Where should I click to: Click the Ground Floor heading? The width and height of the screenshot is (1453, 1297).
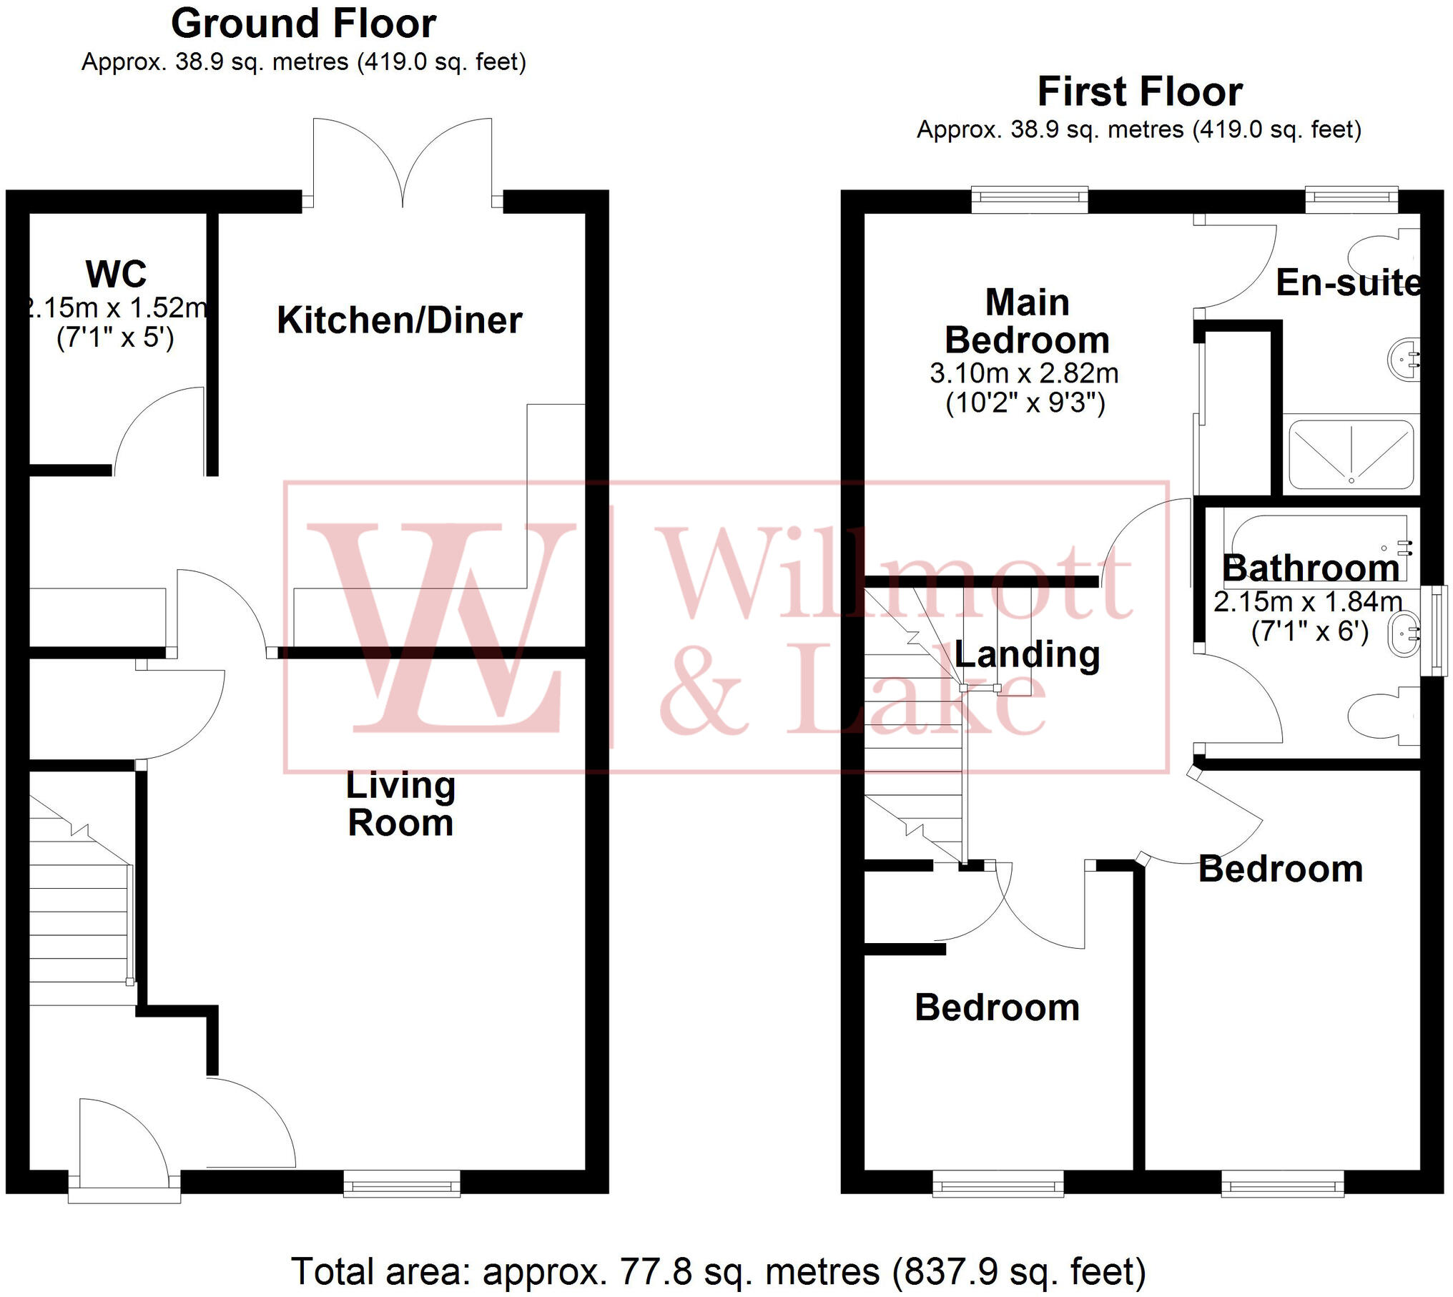pos(303,24)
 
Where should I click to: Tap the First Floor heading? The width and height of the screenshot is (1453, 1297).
pos(1139,92)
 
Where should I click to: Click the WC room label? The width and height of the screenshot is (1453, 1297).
pos(116,274)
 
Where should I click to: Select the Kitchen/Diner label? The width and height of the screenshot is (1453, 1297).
pos(399,320)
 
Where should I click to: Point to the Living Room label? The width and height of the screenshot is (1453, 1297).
pos(400,804)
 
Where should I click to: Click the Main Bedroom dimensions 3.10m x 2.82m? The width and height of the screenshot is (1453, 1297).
pos(1024,373)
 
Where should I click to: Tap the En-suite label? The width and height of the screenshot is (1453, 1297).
pos(1348,283)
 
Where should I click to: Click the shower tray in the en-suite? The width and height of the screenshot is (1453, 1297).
pos(1351,455)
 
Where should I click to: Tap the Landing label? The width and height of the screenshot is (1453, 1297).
pos(1027,655)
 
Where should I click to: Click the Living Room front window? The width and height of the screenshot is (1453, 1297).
pos(402,1183)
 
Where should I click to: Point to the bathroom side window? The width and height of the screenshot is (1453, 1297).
pos(1434,630)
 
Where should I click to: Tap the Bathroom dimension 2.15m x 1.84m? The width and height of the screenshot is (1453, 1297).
pos(1307,602)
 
